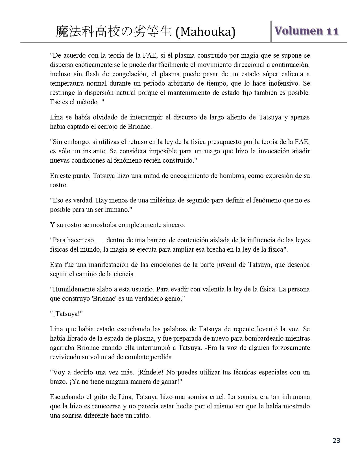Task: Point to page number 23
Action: pyautogui.click(x=336, y=440)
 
